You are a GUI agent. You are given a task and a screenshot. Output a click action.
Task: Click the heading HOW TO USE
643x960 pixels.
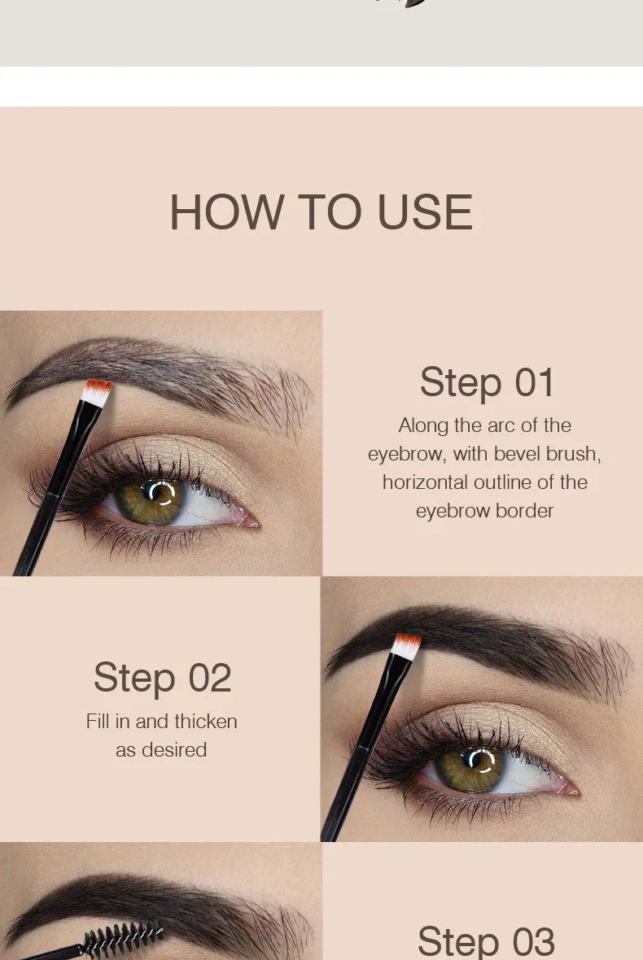321,212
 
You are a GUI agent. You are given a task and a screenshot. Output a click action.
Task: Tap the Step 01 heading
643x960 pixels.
487,382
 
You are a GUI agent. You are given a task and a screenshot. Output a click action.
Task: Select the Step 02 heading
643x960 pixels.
162,678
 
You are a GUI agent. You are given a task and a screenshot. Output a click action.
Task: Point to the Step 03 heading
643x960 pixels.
486,940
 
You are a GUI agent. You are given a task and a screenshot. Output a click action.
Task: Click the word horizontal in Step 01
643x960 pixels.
423,482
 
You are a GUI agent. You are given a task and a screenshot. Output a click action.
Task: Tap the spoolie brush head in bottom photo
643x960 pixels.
122,940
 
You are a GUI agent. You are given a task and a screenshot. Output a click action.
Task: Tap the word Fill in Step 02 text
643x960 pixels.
98,721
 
